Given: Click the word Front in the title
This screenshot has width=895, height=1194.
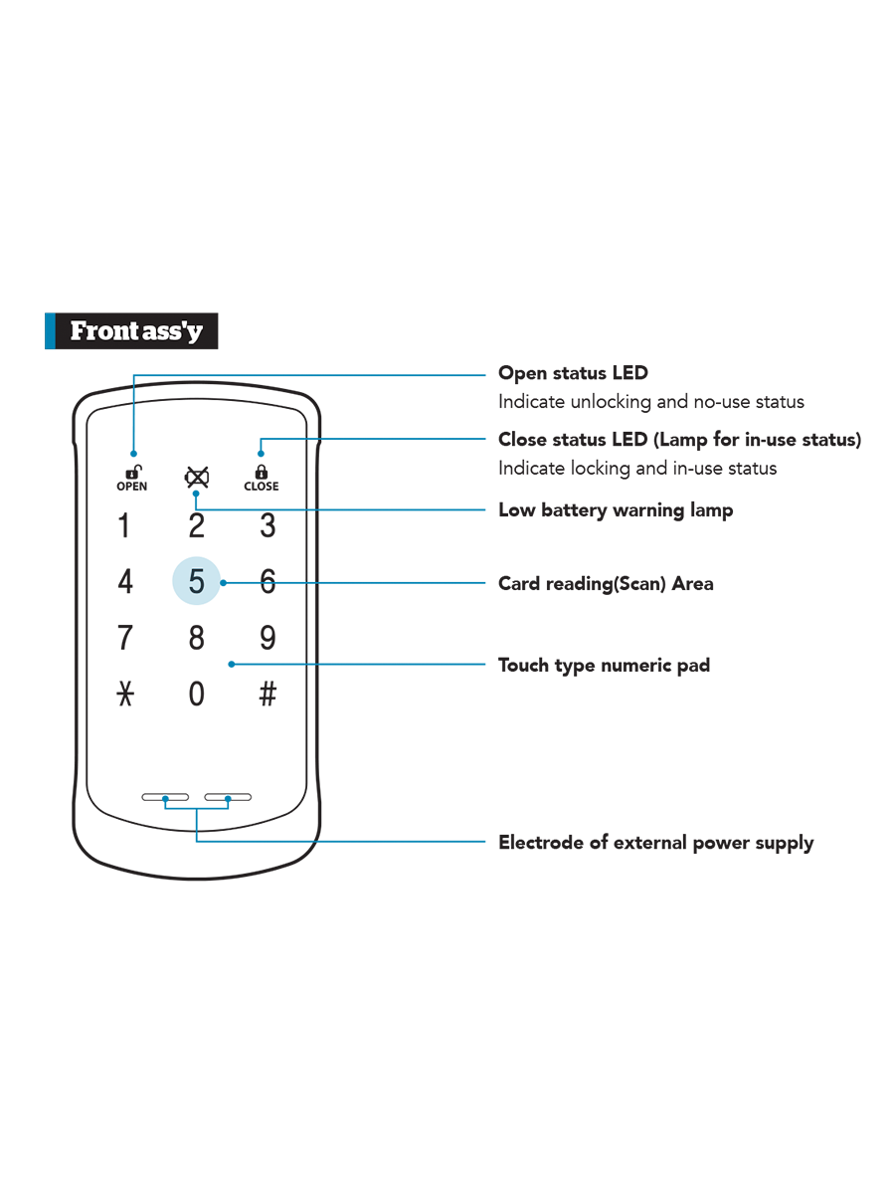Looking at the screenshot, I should point(101,331).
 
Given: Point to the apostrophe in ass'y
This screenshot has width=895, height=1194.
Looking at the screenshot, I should point(186,325).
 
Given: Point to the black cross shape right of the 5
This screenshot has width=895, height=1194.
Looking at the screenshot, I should point(266,542).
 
